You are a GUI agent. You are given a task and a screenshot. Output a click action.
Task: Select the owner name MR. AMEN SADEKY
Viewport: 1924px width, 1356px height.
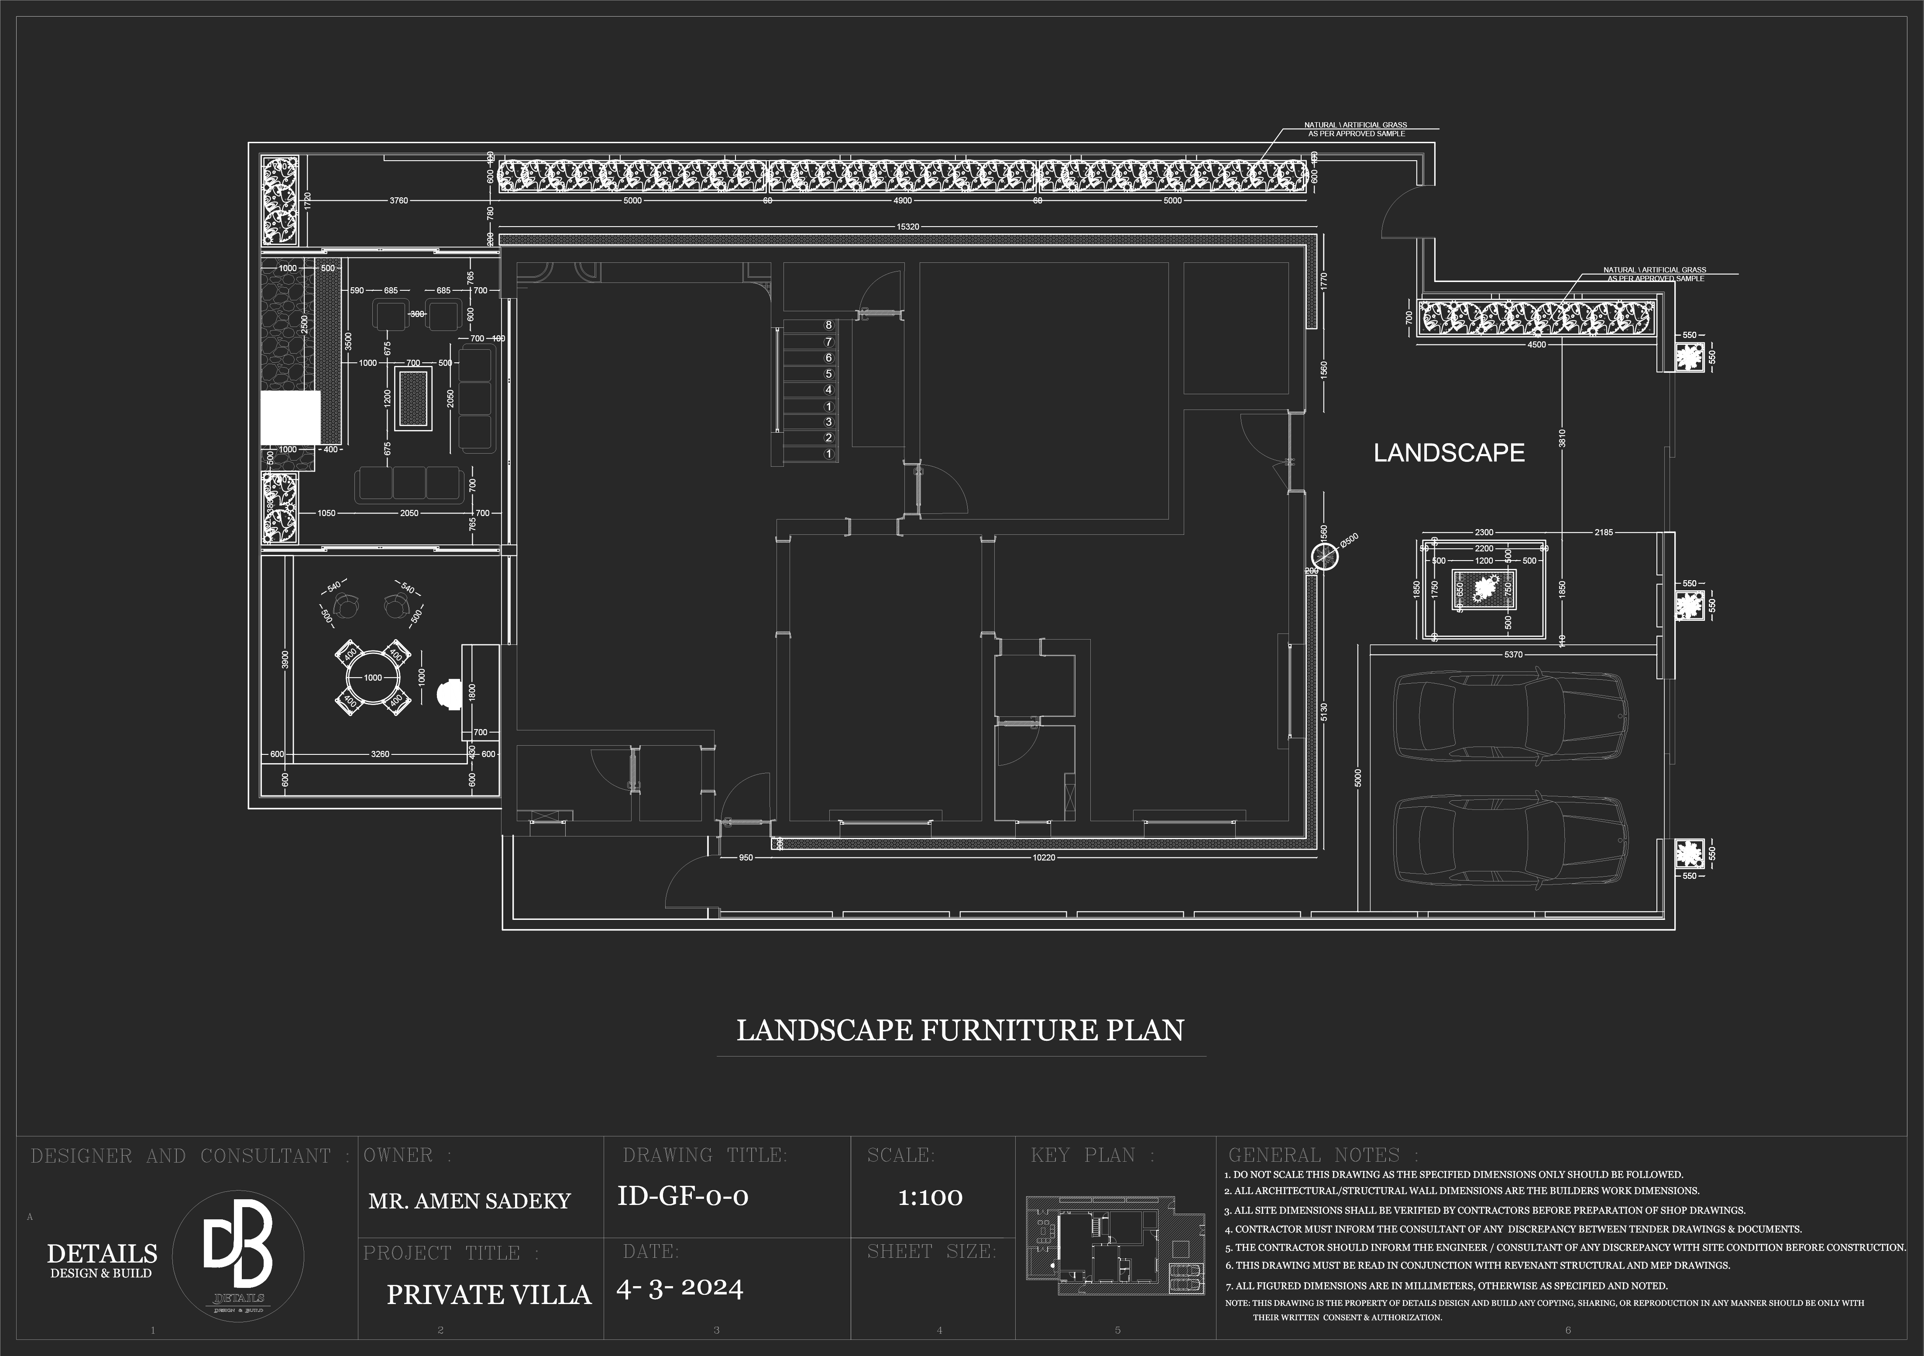click(469, 1201)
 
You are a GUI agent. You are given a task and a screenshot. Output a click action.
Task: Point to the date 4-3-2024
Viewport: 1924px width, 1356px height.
click(680, 1288)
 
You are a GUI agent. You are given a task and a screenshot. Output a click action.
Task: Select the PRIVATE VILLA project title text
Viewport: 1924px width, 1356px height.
click(488, 1295)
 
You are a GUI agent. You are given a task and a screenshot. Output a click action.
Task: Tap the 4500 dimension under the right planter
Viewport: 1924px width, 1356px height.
click(1536, 344)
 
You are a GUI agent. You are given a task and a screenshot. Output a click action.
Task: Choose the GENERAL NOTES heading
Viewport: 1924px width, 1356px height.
click(1323, 1156)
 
